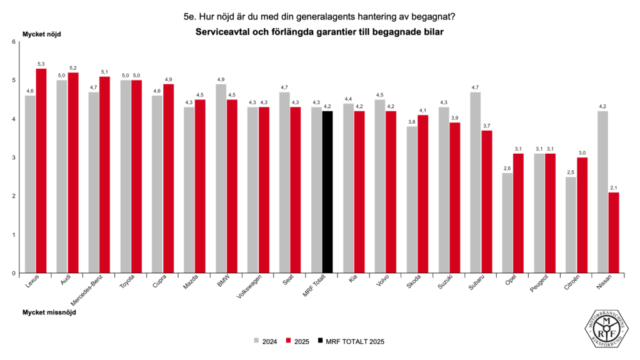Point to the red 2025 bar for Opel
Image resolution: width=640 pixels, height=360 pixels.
point(518,213)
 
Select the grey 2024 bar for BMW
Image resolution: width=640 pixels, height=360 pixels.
point(221,179)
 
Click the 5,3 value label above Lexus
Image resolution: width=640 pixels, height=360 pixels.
point(41,64)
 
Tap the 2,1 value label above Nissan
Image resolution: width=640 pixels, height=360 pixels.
point(614,187)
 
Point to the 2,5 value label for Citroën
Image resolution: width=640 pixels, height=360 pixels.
point(571,172)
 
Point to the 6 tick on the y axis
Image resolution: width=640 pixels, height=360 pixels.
point(12,42)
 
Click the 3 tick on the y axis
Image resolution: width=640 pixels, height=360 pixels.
point(12,157)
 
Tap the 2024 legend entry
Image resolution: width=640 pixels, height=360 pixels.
point(266,341)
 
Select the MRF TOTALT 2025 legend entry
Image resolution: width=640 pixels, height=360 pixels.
point(350,341)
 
